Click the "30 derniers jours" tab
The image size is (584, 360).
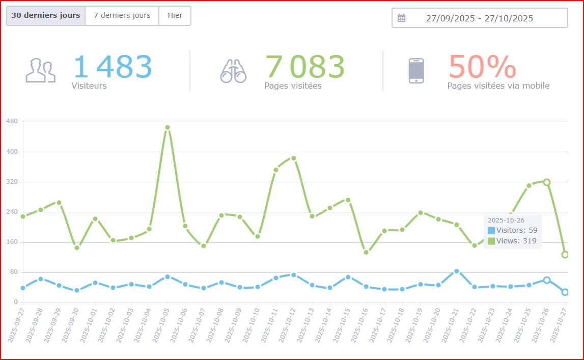point(46,16)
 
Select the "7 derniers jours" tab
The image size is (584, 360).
point(122,16)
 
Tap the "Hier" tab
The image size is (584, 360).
point(175,16)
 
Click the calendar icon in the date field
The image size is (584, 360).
point(401,18)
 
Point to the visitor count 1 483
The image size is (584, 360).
point(113,67)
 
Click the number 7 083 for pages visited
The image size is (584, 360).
point(305,67)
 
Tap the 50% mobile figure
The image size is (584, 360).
point(482,67)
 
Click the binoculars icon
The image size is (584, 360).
point(233,71)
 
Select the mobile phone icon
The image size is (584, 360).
point(416,71)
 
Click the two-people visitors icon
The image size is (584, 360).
point(41,71)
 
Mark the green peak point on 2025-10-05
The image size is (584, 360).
point(168,127)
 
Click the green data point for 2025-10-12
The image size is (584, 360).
point(294,158)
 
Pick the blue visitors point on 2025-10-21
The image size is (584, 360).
point(457,271)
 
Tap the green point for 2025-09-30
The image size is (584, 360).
point(77,247)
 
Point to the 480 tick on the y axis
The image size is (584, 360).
point(12,121)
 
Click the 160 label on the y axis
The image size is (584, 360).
point(12,242)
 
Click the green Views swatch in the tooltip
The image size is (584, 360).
point(491,241)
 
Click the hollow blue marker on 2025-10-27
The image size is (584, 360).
point(565,292)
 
